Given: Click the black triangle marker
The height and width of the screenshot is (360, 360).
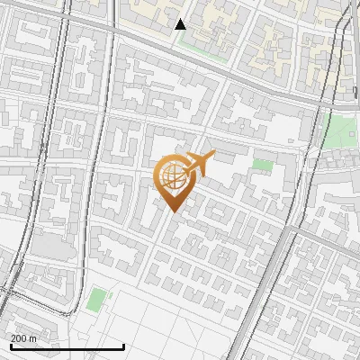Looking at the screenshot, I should [180, 24].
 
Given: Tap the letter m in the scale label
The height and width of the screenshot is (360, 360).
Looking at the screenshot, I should [33, 338].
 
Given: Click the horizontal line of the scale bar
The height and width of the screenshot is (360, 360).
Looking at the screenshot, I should [67, 346].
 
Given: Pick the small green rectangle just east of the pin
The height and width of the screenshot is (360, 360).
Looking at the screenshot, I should [262, 165].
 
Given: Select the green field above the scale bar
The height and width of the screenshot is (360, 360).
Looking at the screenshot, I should [96, 299].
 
